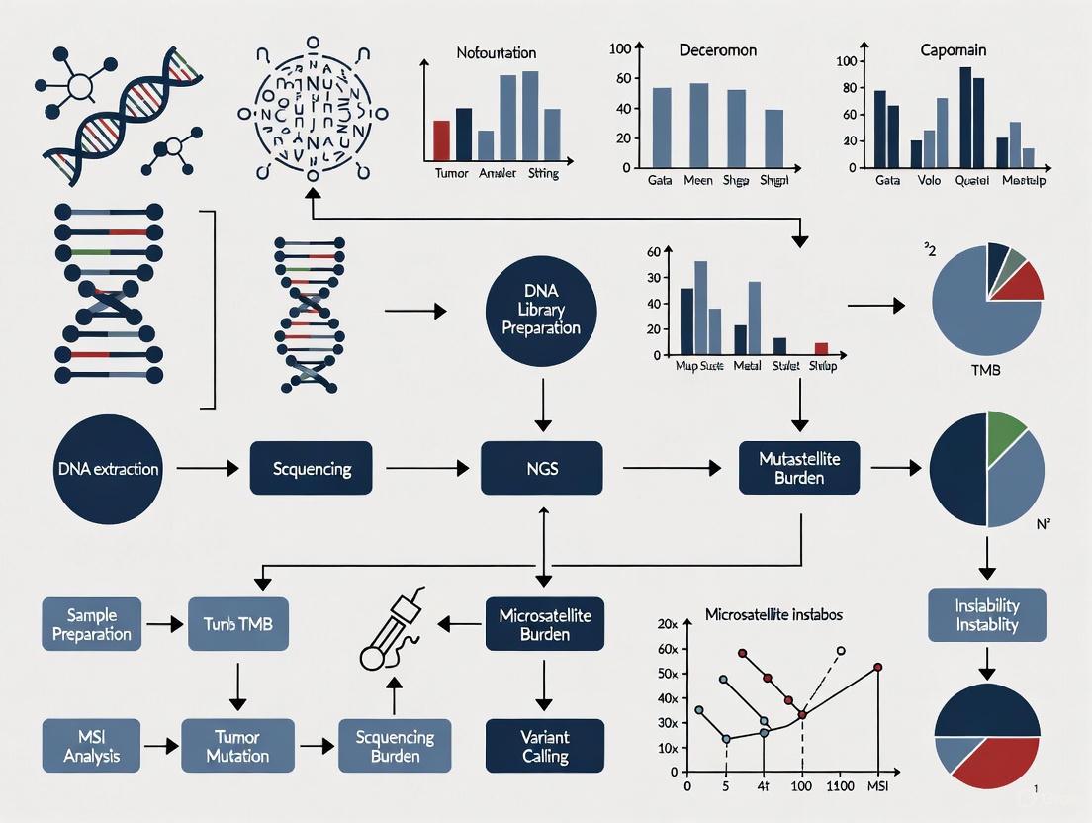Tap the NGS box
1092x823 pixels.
(543, 469)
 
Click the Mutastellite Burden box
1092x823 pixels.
(798, 469)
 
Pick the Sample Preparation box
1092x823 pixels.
(92, 624)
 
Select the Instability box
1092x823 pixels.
(986, 614)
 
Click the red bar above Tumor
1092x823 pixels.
(442, 140)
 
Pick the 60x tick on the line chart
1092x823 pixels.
(668, 649)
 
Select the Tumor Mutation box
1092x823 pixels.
(237, 746)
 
